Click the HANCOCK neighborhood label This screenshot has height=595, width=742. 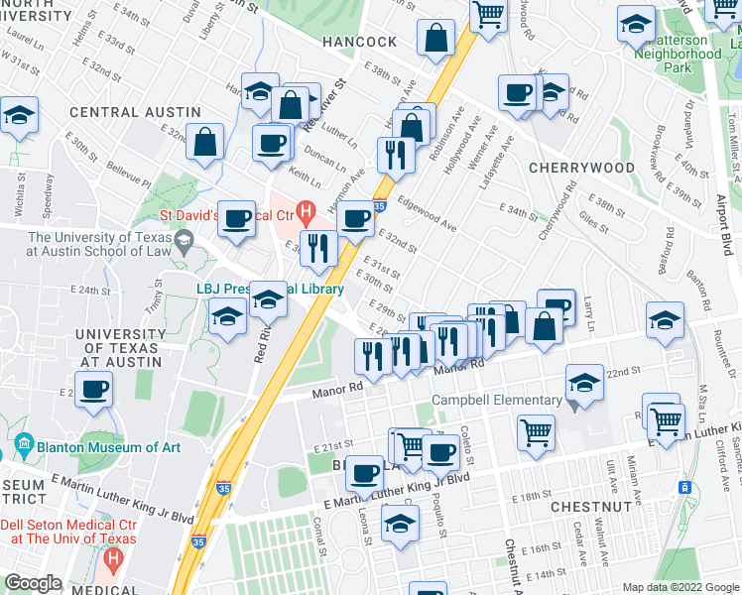[x=358, y=43]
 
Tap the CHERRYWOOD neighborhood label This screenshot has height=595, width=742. [x=582, y=168]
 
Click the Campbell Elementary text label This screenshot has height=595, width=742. [x=496, y=401]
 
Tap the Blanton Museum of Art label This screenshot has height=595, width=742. [x=109, y=447]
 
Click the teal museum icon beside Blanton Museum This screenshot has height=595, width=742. [x=24, y=446]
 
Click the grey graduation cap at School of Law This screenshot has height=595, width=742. [x=184, y=239]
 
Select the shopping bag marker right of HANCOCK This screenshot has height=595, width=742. [x=436, y=41]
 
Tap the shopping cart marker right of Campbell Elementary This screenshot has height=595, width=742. [x=536, y=431]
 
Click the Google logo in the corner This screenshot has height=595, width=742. [x=34, y=583]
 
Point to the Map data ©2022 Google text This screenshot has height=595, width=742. [x=680, y=587]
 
